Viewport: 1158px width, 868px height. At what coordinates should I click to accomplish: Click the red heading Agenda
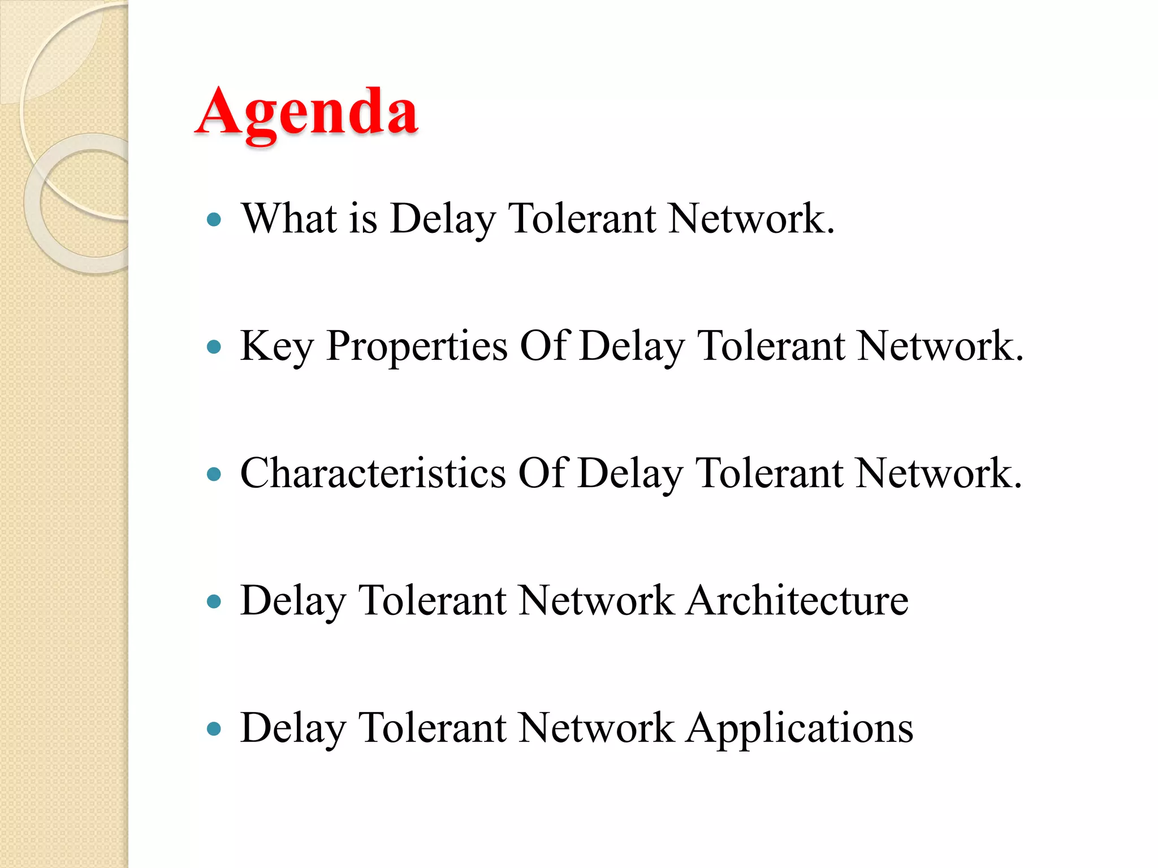[307, 112]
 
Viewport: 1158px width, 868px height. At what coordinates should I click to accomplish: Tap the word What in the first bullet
[289, 218]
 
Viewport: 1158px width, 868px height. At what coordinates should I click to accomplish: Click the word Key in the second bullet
[276, 346]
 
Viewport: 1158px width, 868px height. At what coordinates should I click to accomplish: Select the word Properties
[417, 346]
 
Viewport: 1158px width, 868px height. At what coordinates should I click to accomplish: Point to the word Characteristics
[373, 474]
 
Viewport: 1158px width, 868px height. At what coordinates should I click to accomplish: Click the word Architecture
[798, 600]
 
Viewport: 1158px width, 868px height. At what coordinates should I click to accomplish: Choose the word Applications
[800, 728]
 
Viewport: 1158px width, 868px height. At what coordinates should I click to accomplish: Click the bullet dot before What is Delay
[214, 219]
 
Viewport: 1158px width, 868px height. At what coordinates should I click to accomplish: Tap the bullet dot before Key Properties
[214, 346]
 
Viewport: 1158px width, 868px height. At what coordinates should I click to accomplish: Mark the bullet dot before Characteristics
[214, 474]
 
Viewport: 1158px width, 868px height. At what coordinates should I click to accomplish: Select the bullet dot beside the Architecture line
[214, 601]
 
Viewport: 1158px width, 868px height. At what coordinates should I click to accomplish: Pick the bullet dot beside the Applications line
[214, 728]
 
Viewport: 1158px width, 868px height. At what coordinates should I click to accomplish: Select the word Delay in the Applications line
[293, 728]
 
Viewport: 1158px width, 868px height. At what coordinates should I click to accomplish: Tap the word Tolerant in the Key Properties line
[771, 346]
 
